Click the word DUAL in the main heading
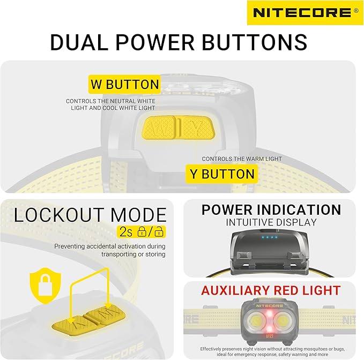click(79, 42)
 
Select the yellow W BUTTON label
click(125, 84)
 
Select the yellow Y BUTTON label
click(222, 174)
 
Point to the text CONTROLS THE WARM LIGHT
click(242, 159)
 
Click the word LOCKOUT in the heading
click(60, 215)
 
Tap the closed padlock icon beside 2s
click(142, 231)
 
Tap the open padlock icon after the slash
click(159, 231)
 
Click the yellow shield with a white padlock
click(46, 286)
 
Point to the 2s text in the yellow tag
click(126, 232)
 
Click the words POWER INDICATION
click(271, 209)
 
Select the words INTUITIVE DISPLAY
click(271, 222)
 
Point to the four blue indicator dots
click(269, 237)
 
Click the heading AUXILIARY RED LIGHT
click(271, 290)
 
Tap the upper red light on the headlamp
click(269, 313)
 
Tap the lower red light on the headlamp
click(269, 329)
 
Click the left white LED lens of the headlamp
click(256, 321)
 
